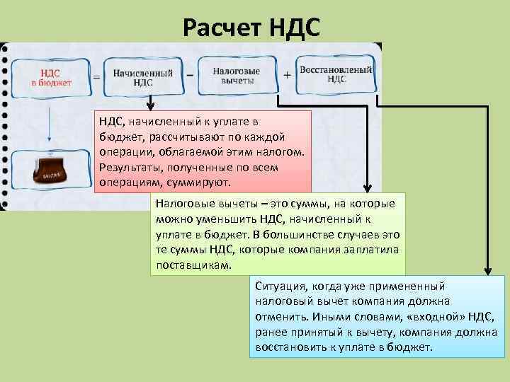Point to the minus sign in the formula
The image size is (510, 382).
click(x=190, y=74)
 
